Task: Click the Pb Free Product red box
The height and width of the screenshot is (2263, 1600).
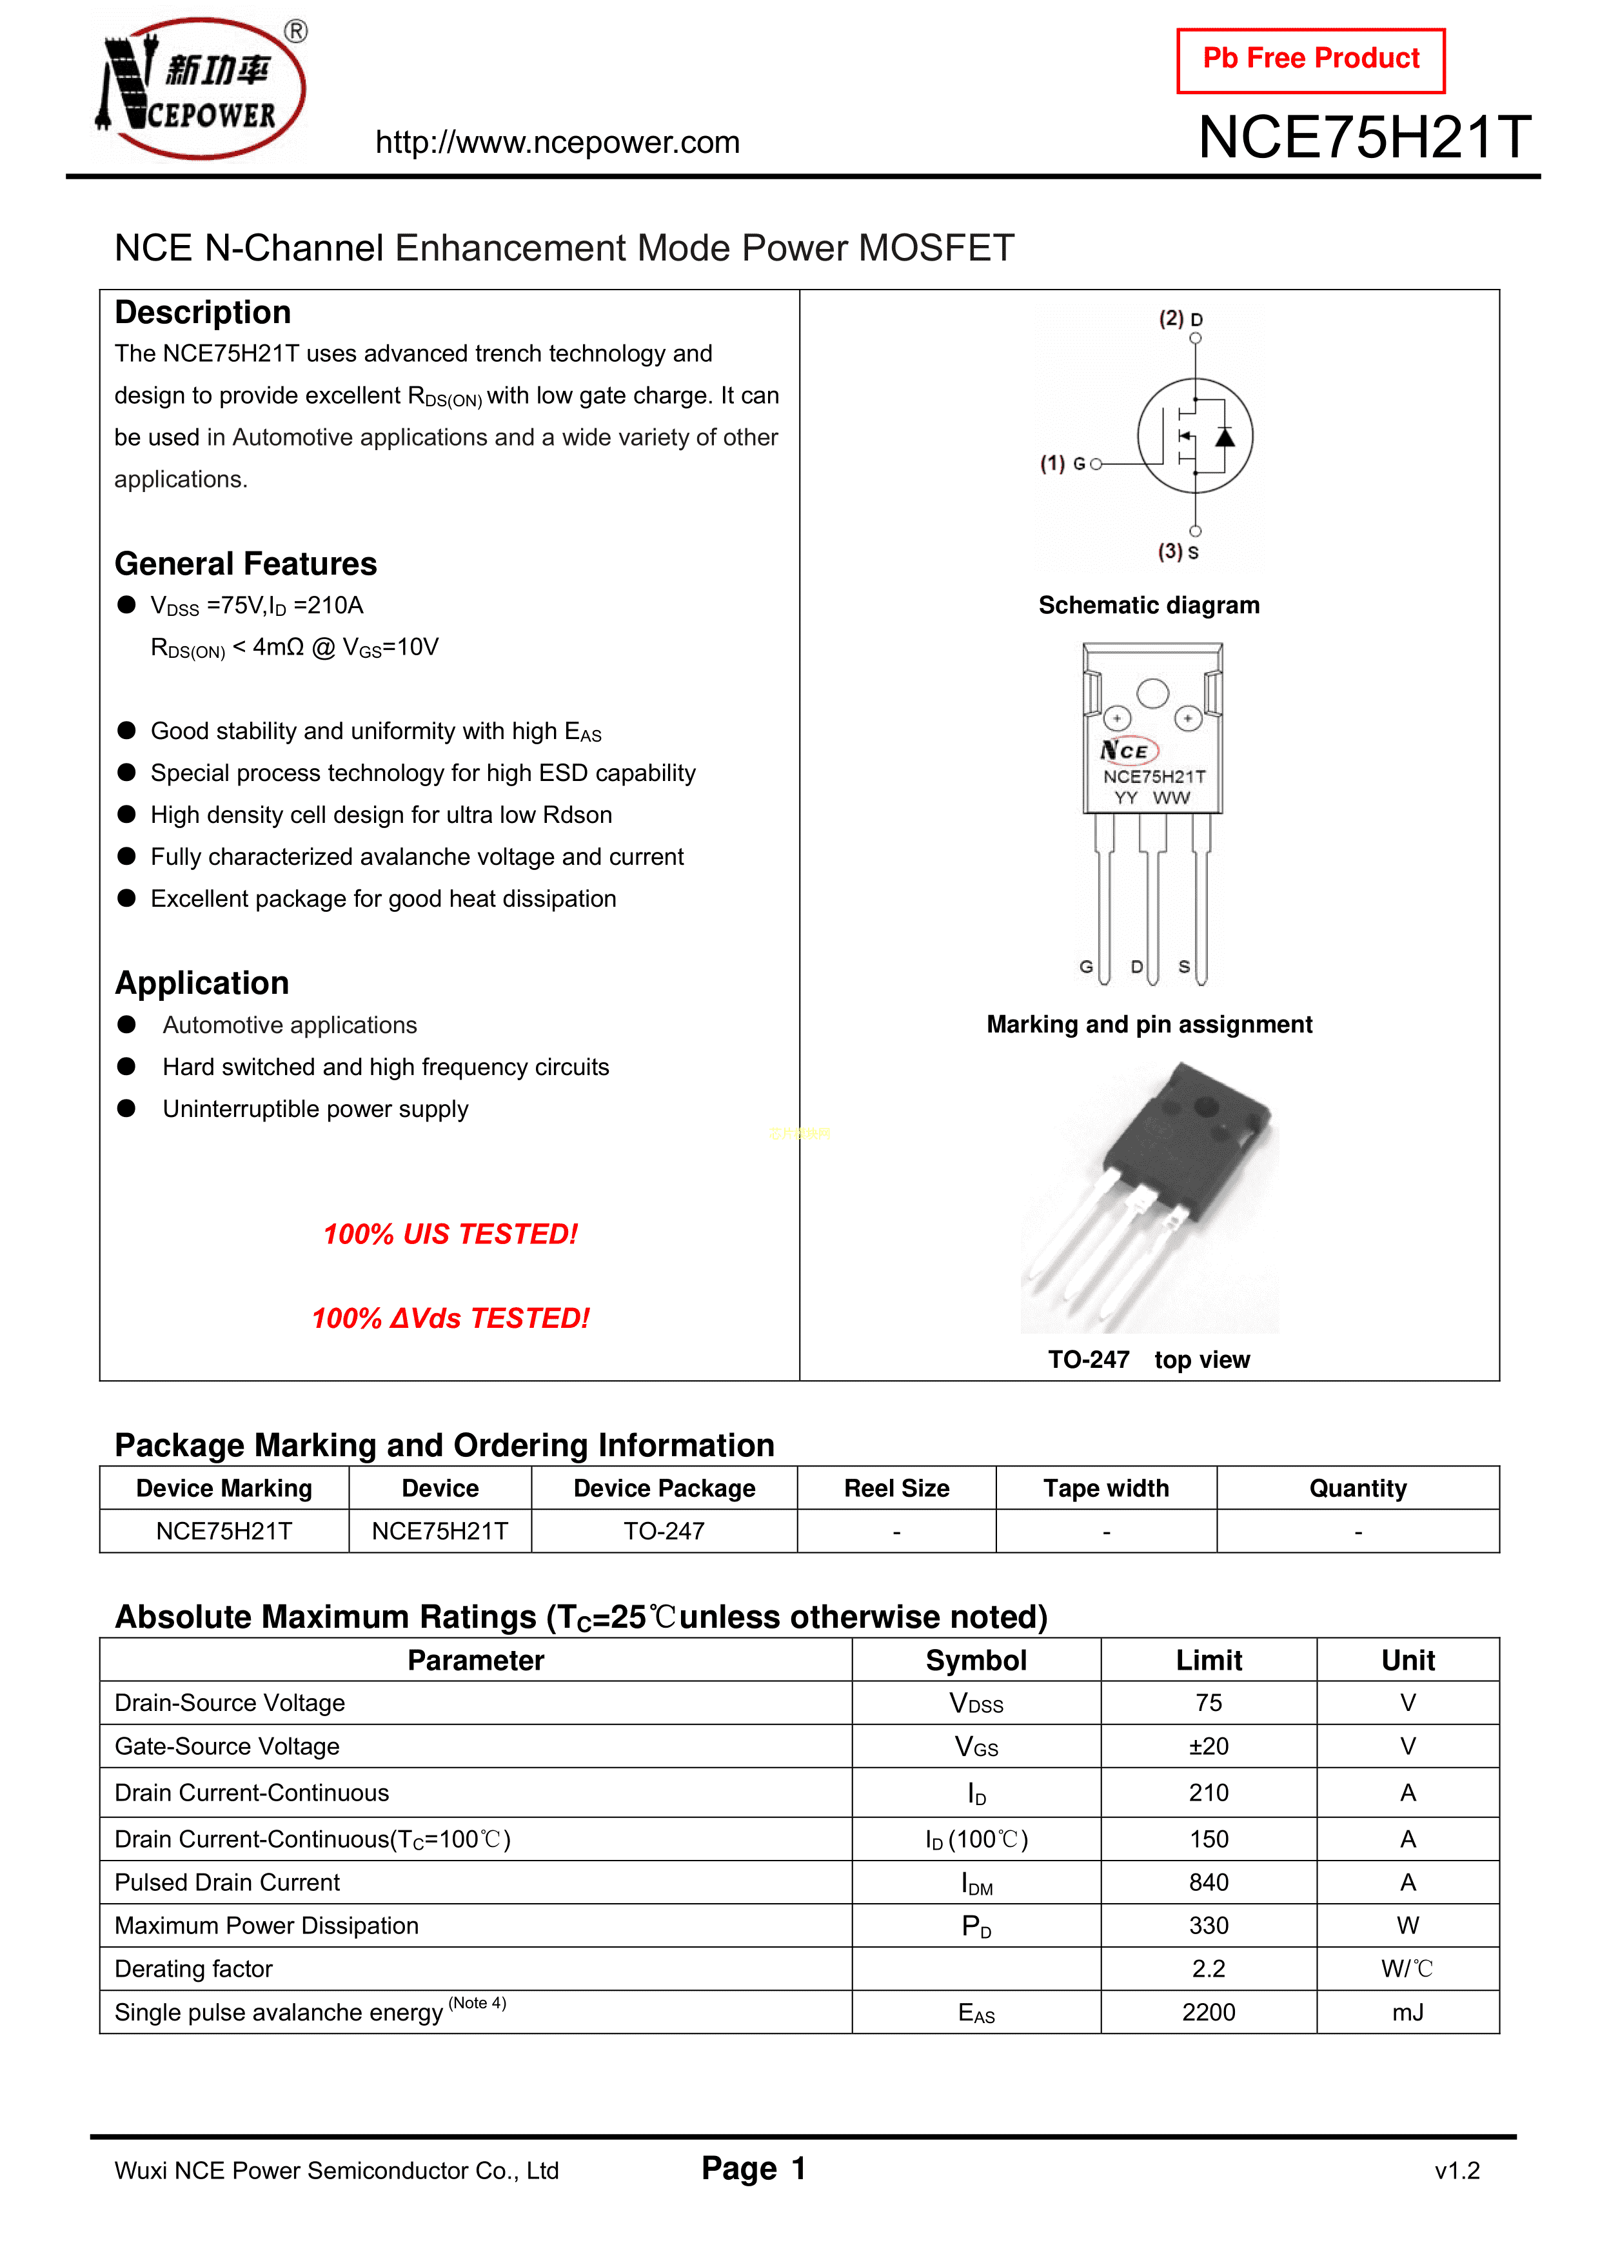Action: click(1310, 60)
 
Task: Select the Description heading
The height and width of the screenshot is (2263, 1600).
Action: click(203, 312)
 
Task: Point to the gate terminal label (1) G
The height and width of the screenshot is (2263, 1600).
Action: click(1063, 463)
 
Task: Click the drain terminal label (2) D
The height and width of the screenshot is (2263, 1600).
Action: click(1180, 319)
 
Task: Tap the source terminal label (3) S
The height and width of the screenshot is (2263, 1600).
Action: click(1178, 552)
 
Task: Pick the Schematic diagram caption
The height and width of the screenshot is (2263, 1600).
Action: click(1149, 605)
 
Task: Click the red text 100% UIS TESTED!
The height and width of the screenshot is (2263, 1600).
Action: click(451, 1234)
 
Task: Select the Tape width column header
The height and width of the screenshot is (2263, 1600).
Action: click(1106, 1488)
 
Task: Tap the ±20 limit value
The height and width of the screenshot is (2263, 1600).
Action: click(1209, 1746)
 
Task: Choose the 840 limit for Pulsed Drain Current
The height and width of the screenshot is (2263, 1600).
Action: click(1209, 1883)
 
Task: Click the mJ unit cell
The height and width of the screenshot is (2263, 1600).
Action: click(1408, 2013)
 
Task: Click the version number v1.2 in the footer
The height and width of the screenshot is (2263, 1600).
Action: click(1457, 2170)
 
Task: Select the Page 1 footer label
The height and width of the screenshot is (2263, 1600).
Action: click(754, 2168)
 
